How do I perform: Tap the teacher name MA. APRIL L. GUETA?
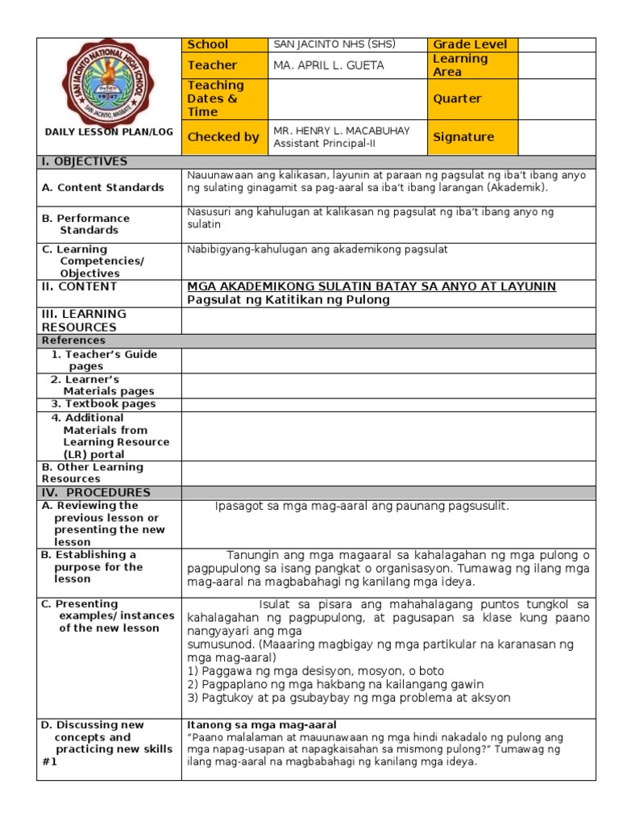pyautogui.click(x=330, y=65)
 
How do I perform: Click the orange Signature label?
pyautogui.click(x=463, y=137)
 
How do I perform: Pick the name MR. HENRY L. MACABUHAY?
pyautogui.click(x=342, y=131)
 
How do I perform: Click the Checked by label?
pyautogui.click(x=223, y=137)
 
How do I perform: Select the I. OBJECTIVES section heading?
pyautogui.click(x=85, y=161)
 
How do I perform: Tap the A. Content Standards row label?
pyautogui.click(x=102, y=187)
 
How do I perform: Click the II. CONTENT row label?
pyautogui.click(x=79, y=286)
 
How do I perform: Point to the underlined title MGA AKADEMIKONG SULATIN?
pyautogui.click(x=371, y=287)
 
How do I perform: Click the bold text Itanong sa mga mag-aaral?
pyautogui.click(x=261, y=724)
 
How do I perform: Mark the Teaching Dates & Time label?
pyautogui.click(x=215, y=98)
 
